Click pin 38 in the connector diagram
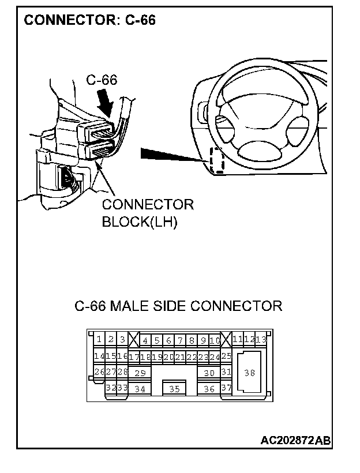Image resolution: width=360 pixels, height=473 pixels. pyautogui.click(x=250, y=373)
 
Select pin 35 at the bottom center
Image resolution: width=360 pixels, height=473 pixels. pyautogui.click(x=174, y=389)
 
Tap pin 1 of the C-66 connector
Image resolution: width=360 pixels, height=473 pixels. pyautogui.click(x=99, y=340)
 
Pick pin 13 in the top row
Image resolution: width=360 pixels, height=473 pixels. pyautogui.click(x=261, y=340)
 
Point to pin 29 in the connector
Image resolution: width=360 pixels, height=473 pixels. pyautogui.click(x=140, y=373)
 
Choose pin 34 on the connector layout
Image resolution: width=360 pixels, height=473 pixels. pyautogui.click(x=140, y=389)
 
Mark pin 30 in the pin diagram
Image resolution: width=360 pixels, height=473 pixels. pyautogui.click(x=209, y=373)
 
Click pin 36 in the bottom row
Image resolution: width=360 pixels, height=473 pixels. pyautogui.click(x=209, y=389)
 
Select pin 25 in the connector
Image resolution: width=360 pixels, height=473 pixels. pyautogui.click(x=226, y=357)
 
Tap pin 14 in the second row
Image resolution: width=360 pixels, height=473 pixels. pyautogui.click(x=99, y=357)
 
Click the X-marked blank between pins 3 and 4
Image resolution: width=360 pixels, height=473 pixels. pyautogui.click(x=134, y=340)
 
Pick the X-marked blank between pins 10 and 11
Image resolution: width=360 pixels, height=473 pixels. pyautogui.click(x=226, y=340)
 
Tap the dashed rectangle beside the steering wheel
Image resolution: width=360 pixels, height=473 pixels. pyautogui.click(x=217, y=160)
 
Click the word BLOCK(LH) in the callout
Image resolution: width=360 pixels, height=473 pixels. pyautogui.click(x=139, y=222)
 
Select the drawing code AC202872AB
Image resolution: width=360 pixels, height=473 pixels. pyautogui.click(x=295, y=441)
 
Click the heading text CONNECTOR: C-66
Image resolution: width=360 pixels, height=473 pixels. pyautogui.click(x=90, y=21)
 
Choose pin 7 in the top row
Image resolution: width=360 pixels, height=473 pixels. pyautogui.click(x=180, y=340)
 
